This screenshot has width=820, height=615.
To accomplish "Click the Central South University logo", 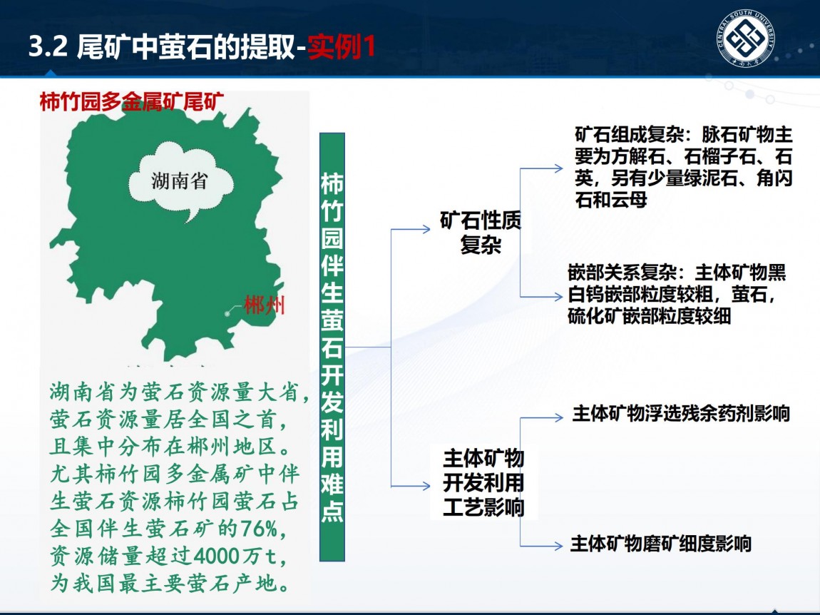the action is tap(745, 39).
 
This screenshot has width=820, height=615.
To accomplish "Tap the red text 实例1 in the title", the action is tap(342, 46).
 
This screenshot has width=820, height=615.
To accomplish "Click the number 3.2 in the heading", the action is tap(48, 46).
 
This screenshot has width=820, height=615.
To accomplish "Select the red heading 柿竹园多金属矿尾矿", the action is tap(132, 101).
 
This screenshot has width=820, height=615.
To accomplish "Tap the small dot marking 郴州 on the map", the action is tap(227, 313).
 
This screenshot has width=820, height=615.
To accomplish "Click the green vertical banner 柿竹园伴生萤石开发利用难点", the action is tap(332, 347).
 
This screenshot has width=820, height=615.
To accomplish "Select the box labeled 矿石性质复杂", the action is tap(481, 233).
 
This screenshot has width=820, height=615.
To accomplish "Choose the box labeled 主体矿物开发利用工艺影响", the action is tap(483, 482).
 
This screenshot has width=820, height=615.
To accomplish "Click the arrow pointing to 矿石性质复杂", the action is tap(411, 229).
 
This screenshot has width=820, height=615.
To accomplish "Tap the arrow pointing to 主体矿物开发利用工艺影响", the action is tap(411, 487).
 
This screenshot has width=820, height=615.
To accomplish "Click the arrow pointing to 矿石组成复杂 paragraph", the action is tap(542, 168).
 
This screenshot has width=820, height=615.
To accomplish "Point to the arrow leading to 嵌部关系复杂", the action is tap(542, 297).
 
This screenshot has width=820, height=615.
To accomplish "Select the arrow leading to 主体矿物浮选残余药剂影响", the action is tap(542, 417).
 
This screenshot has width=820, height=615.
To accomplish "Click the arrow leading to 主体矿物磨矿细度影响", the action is tap(542, 546).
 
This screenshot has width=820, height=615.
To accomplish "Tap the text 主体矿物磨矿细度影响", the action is tap(660, 544).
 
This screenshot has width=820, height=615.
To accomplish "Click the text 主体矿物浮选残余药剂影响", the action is tap(681, 414).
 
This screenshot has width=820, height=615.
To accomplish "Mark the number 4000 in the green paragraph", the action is tap(217, 556).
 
